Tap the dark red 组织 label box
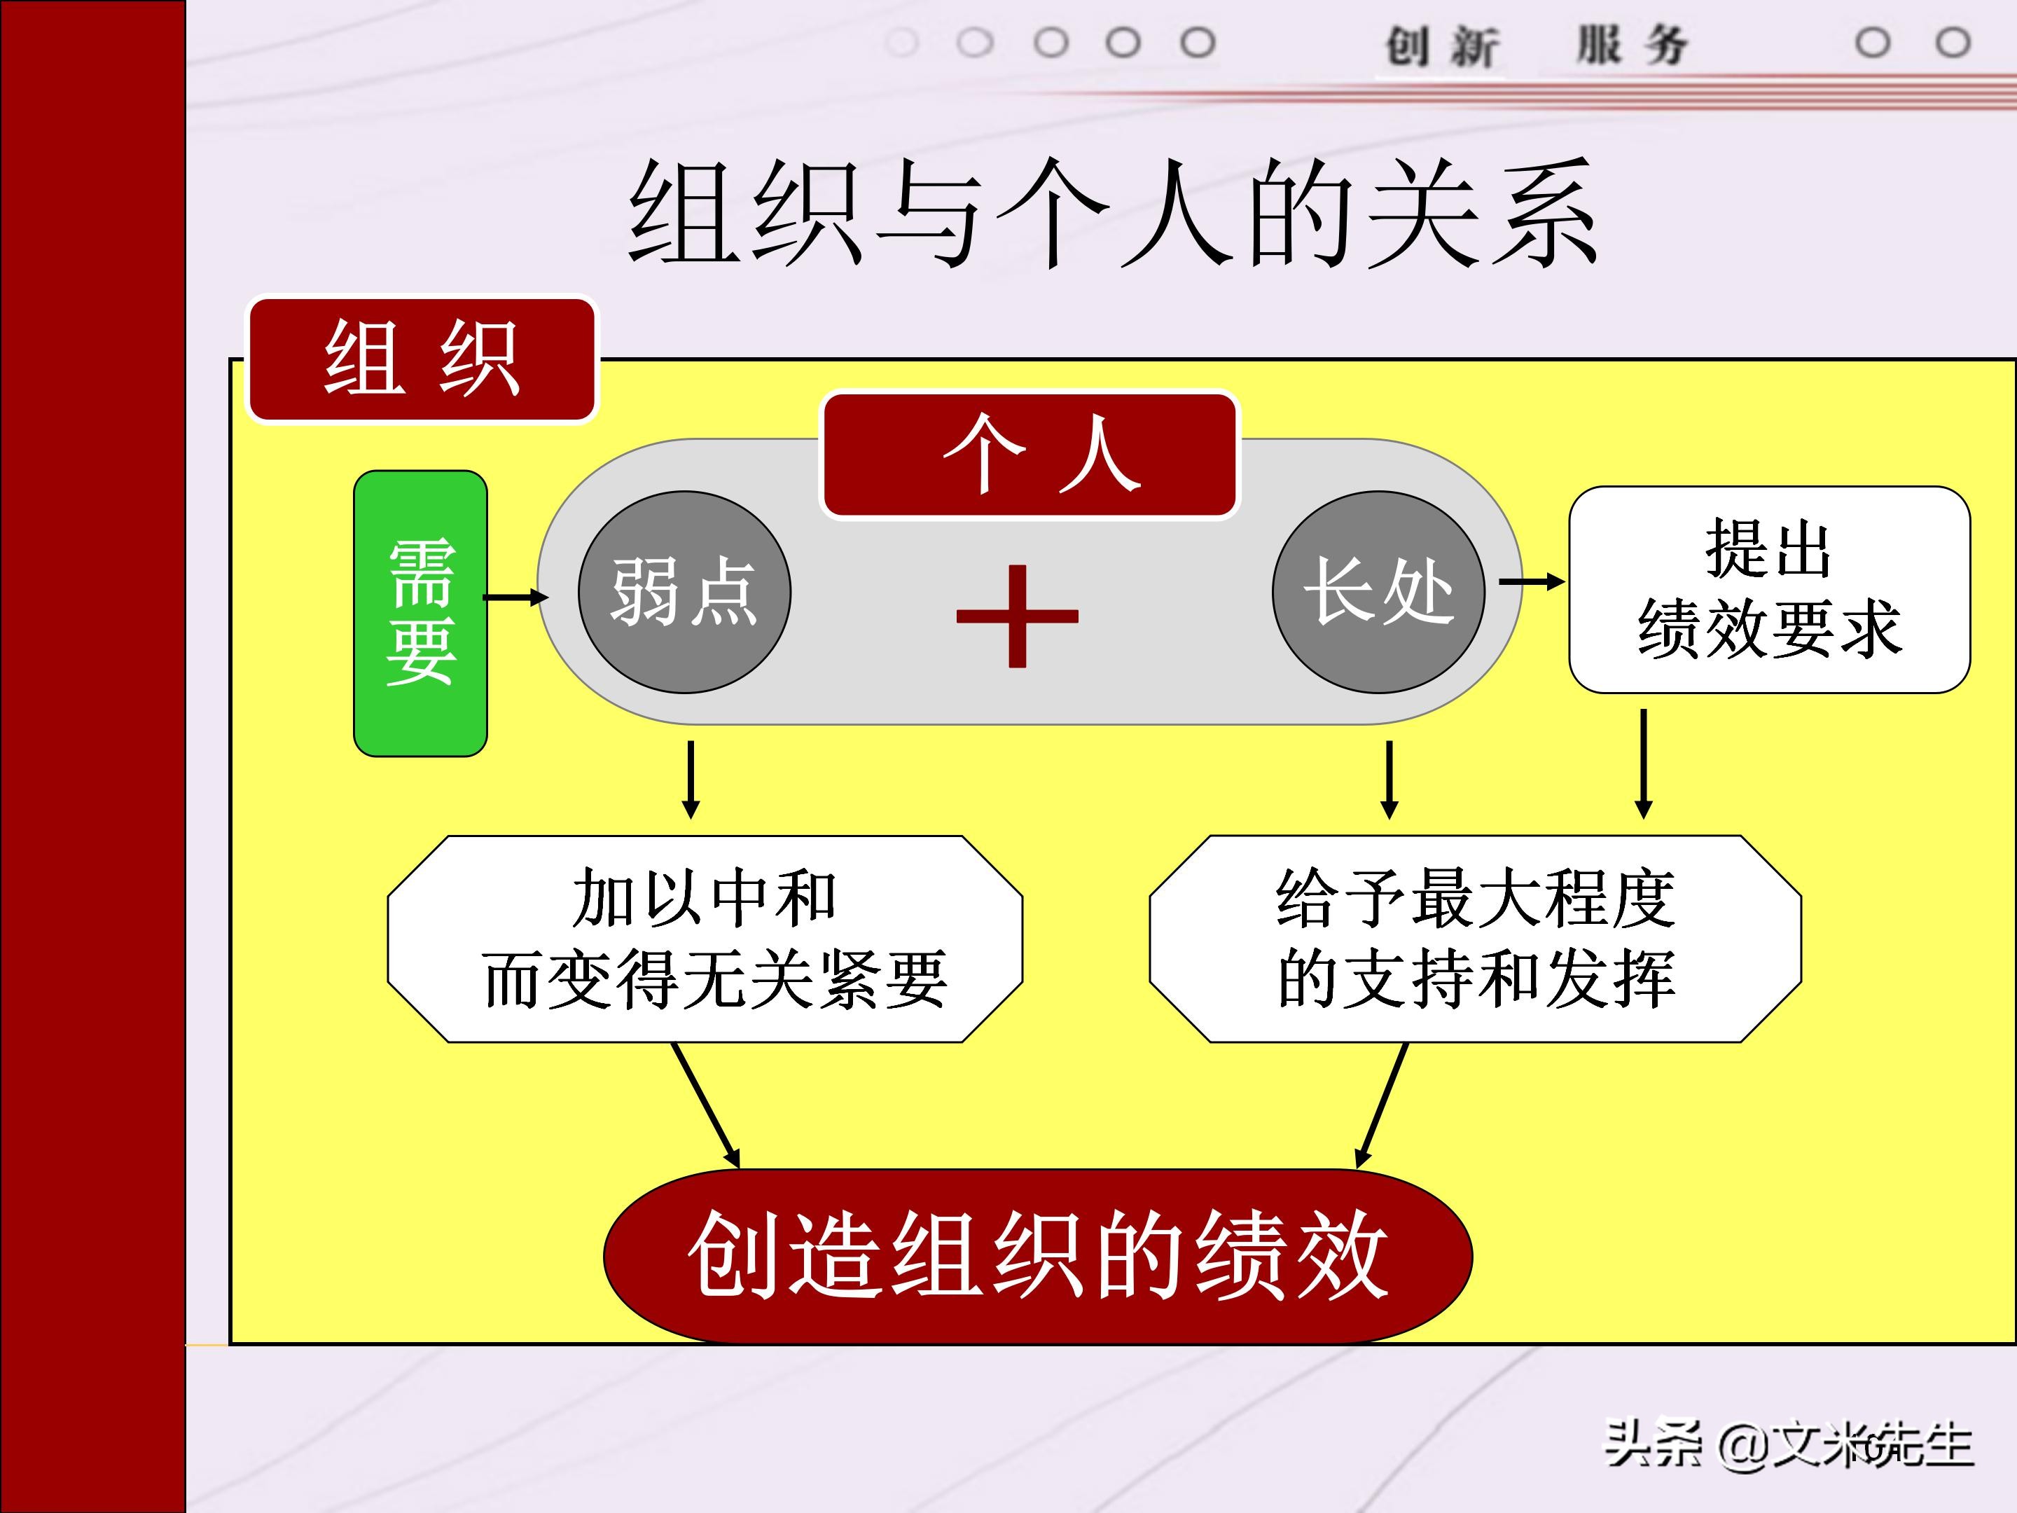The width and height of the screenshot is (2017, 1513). (x=422, y=359)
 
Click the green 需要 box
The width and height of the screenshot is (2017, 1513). (x=420, y=613)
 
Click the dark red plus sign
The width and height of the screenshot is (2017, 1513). (x=1017, y=616)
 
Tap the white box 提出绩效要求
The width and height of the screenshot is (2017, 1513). (x=1769, y=590)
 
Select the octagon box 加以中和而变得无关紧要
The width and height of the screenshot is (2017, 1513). (x=705, y=939)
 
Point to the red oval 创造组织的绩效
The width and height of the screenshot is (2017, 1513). (x=1038, y=1256)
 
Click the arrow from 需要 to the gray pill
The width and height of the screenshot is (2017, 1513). (x=515, y=597)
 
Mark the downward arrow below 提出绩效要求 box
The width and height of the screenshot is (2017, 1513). (x=1643, y=764)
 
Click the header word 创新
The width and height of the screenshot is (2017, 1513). (x=1441, y=46)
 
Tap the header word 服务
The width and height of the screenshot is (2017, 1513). (x=1633, y=46)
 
